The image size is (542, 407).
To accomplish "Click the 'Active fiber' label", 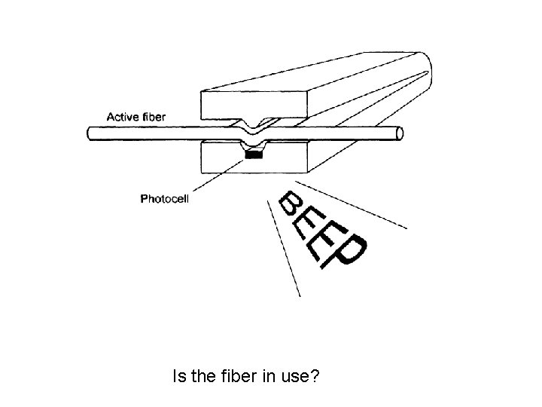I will point(135,117).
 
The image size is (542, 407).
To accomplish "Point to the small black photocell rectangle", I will point(255,155).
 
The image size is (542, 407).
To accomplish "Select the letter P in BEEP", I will point(351,249).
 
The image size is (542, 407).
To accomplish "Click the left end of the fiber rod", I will point(90,133).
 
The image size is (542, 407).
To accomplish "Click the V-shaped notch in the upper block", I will point(254,122).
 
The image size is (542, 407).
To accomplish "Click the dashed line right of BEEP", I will point(354,204).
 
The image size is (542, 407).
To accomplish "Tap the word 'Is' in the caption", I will point(178,375).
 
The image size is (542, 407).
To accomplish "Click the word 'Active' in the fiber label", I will point(121,117).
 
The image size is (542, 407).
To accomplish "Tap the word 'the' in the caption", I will point(201,375).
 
